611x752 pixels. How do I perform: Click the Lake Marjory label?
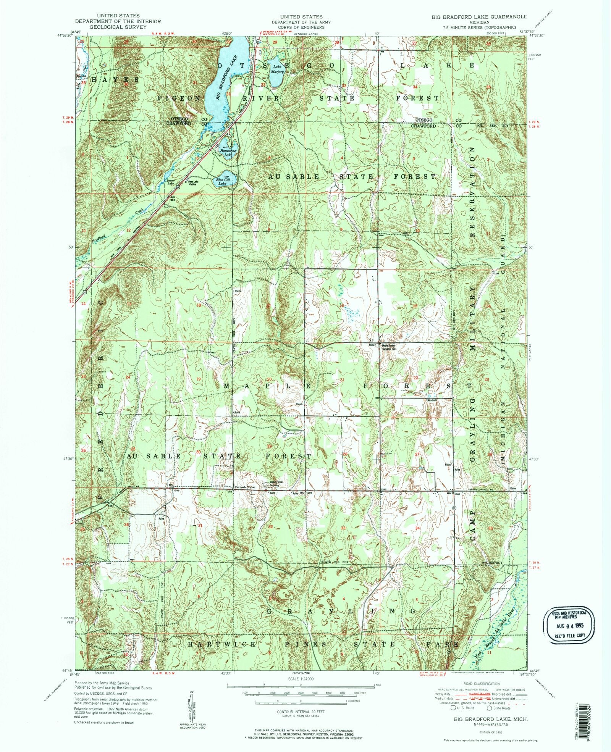point(277,69)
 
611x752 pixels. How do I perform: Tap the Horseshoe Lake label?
point(226,152)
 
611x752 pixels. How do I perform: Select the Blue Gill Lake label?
point(222,181)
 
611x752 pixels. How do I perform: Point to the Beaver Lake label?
point(171,182)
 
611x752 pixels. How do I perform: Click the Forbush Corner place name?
point(245,487)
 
